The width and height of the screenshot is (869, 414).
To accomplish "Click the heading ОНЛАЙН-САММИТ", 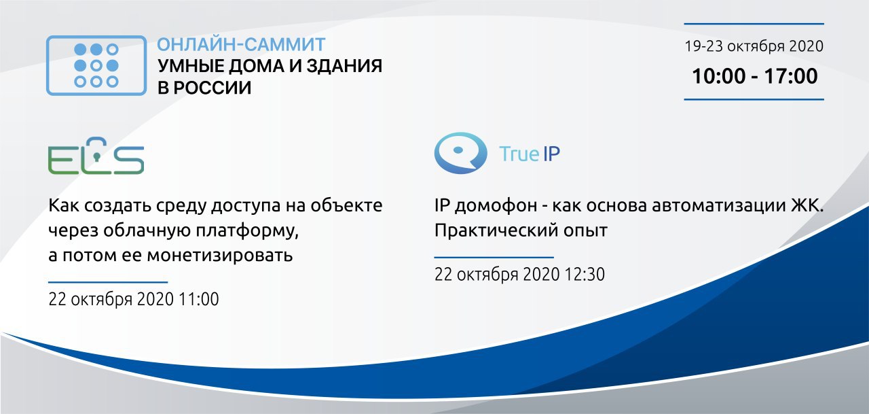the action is (x=241, y=44).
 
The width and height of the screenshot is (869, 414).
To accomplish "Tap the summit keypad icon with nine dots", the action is (x=96, y=65).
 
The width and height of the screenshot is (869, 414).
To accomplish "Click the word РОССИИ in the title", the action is (x=212, y=88).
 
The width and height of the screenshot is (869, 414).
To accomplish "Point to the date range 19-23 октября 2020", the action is (x=754, y=46).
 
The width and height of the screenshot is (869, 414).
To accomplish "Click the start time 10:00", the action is (x=719, y=75).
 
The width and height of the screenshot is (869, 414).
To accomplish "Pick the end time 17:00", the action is (x=791, y=75).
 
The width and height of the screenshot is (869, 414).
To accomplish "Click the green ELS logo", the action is (x=96, y=156).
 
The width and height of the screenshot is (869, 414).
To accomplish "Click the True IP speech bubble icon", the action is (x=460, y=153).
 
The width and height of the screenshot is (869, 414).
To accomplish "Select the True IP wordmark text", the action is (x=530, y=154).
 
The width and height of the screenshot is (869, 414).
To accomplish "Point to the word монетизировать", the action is (x=219, y=256).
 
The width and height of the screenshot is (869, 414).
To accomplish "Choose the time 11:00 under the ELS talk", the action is (x=199, y=299).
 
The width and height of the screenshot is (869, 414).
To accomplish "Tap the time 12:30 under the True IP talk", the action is (x=585, y=274).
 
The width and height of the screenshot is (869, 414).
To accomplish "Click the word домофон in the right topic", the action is (x=496, y=206).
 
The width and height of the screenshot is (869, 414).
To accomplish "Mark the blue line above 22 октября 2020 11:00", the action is (x=108, y=282).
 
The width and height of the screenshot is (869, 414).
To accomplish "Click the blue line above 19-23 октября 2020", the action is (x=754, y=24).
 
